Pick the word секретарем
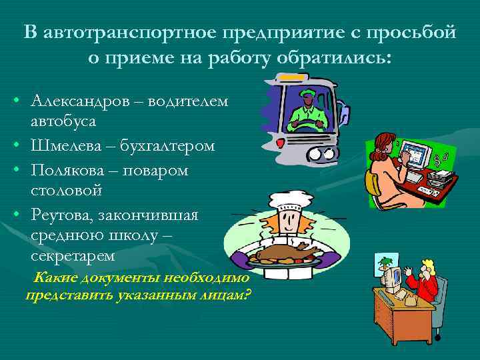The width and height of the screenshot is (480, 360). point(73,256)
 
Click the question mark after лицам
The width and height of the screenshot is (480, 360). point(248,294)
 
